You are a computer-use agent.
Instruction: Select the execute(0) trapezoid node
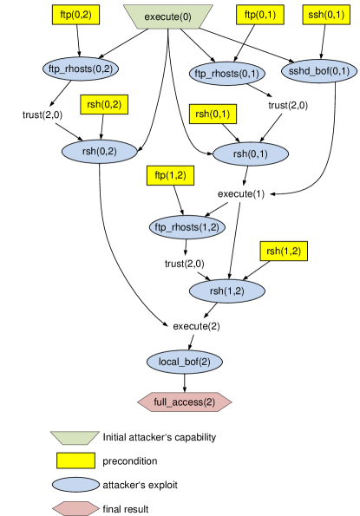168,16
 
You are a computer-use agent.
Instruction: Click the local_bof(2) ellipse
185,361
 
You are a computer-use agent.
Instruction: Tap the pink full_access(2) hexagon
185,402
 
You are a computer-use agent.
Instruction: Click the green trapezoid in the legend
75,438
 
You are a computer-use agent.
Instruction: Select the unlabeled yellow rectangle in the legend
75,460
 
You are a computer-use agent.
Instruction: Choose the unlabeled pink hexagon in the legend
75,508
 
